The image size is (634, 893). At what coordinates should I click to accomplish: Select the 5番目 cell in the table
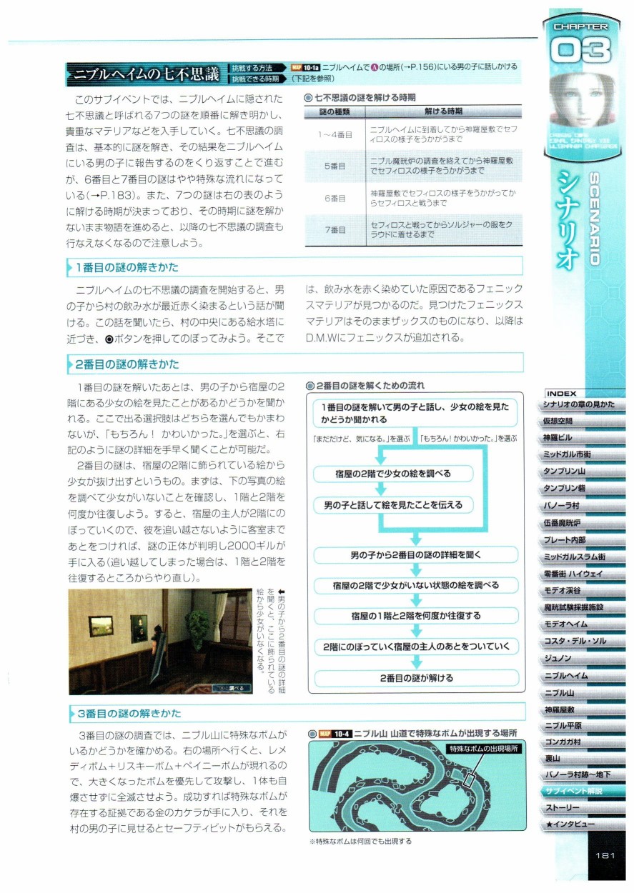335,166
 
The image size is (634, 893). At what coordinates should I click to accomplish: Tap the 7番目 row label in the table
335,230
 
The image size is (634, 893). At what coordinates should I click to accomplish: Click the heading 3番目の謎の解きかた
129,713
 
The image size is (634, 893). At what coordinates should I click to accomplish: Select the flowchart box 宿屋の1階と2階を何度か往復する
417,615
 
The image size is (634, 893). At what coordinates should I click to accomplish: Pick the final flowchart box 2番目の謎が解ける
417,677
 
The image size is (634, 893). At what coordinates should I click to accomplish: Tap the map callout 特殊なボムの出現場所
483,748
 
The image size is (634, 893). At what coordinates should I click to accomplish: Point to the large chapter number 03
580,51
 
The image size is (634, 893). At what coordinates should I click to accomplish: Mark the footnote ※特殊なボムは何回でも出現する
361,841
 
